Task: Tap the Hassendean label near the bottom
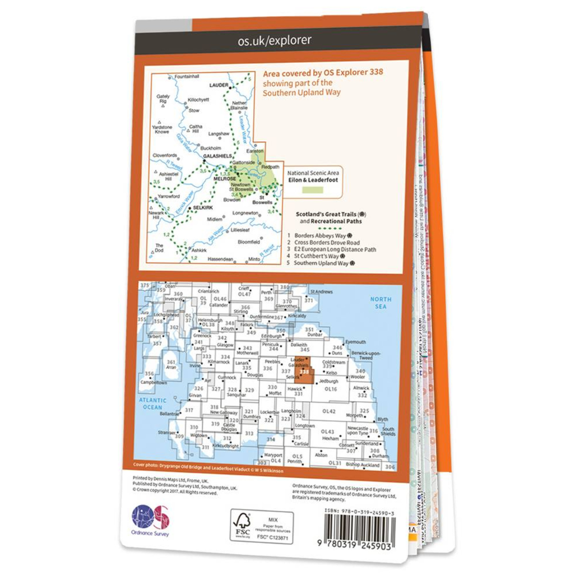(x=221, y=259)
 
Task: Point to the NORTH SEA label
(x=380, y=303)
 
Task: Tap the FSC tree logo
(x=243, y=523)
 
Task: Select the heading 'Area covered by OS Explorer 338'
(x=322, y=74)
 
